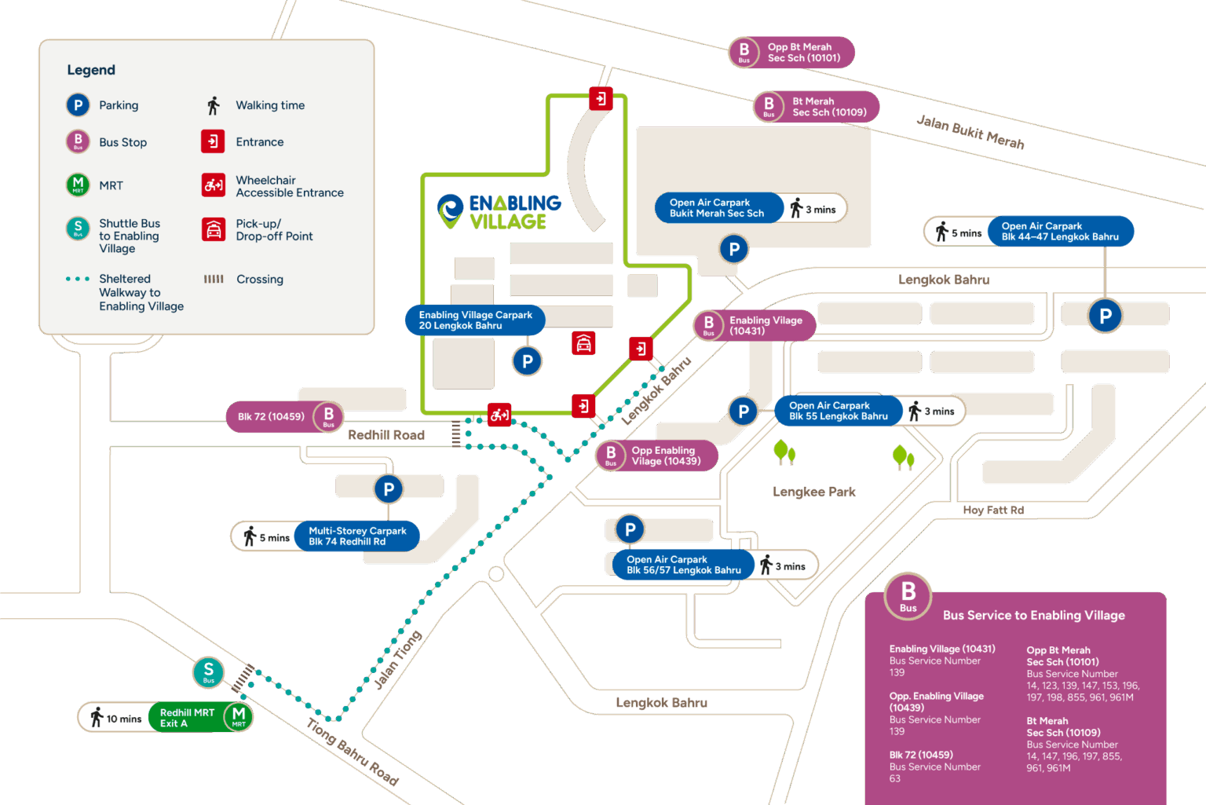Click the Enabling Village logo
point(499,212)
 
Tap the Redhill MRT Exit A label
point(187,718)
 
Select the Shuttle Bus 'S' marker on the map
point(208,672)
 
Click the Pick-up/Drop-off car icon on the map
point(583,343)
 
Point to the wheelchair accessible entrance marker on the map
point(499,415)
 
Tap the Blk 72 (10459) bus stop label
point(271,417)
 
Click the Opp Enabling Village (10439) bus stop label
point(665,456)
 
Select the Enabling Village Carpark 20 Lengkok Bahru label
point(475,320)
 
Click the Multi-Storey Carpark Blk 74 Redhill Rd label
point(357,536)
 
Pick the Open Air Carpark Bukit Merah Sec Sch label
point(717,208)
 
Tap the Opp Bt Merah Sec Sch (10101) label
point(803,53)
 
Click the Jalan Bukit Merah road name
point(970,132)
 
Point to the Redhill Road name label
point(386,435)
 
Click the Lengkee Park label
point(814,492)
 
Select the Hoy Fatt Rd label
point(993,510)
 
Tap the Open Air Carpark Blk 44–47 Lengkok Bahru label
point(1059,232)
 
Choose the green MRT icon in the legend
point(78,185)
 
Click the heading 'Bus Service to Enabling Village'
point(1033,616)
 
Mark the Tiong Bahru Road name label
point(353,752)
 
